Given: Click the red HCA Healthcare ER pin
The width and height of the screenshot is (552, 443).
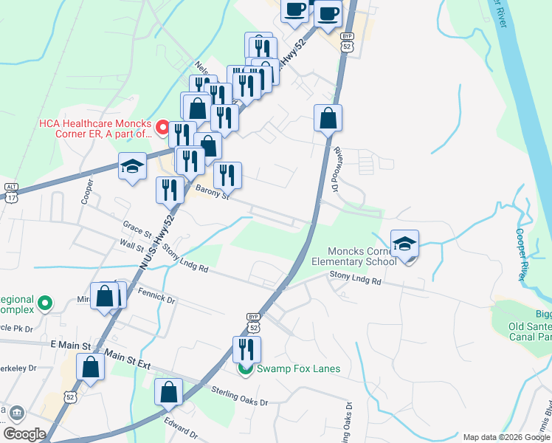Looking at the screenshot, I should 159,129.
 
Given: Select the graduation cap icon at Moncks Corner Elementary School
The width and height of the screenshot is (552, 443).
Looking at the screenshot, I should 404,245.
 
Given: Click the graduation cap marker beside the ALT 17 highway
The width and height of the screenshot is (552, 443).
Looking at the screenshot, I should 132,167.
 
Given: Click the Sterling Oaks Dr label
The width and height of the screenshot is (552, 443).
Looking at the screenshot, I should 239,394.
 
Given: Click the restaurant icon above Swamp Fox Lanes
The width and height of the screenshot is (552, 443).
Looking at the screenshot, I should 247,349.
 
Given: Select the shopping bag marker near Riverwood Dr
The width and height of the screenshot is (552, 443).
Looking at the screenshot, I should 328,117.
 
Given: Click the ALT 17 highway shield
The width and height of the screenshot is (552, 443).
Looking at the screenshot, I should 10,191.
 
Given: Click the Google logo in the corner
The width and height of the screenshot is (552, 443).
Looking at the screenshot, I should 25,434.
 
